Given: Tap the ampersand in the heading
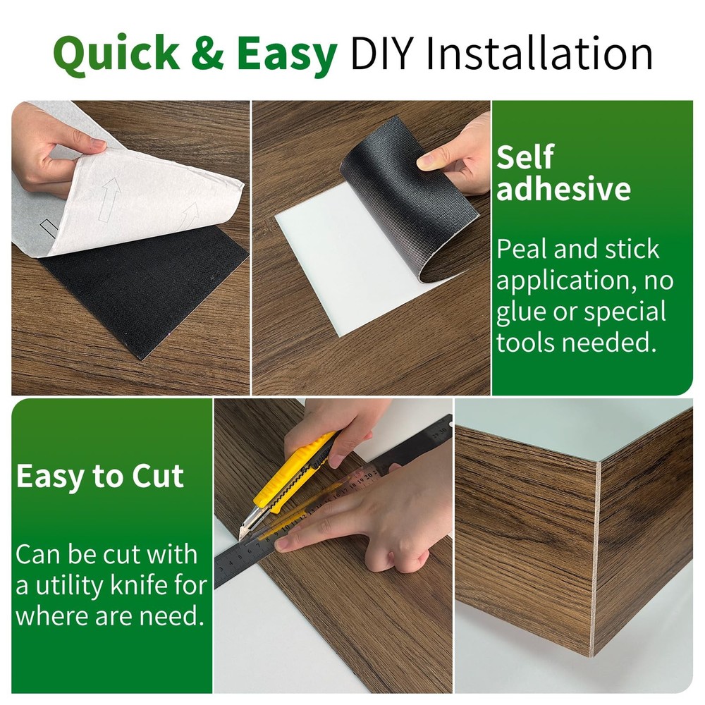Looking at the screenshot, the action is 207,53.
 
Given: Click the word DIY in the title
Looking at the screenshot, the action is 381,53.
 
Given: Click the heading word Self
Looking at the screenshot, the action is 525,157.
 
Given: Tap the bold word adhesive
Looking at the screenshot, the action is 563,188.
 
